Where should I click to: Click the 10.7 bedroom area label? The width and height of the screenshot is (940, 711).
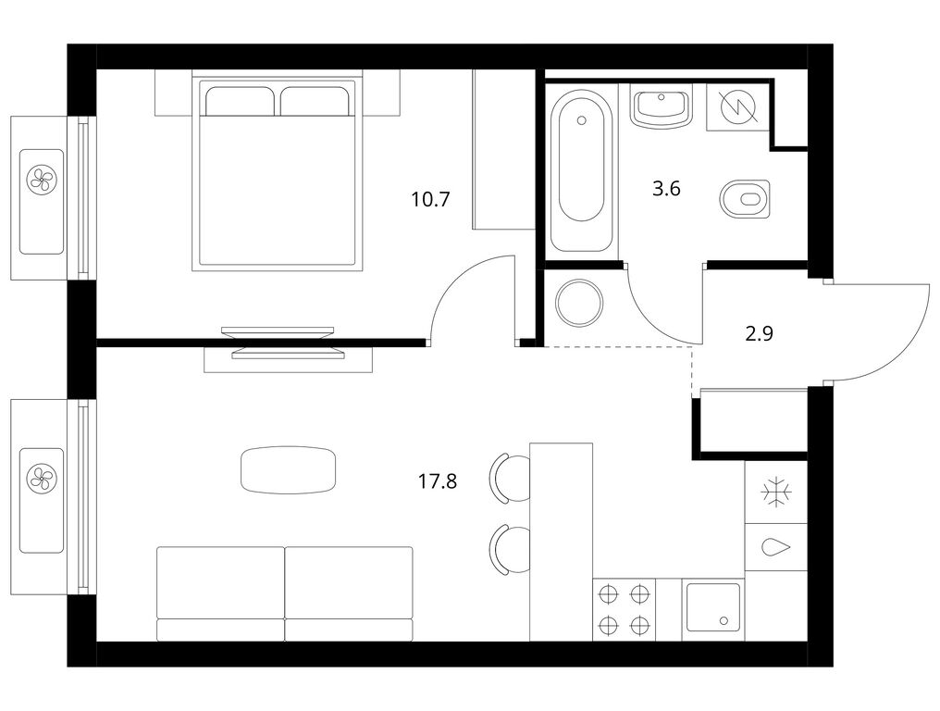pyautogui.click(x=430, y=199)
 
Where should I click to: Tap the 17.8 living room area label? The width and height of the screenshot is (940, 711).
pyautogui.click(x=437, y=480)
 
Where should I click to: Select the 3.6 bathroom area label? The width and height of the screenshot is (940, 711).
pyautogui.click(x=666, y=189)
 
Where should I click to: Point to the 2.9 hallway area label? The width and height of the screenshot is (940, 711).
pyautogui.click(x=759, y=333)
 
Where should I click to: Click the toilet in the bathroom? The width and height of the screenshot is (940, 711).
pyautogui.click(x=745, y=199)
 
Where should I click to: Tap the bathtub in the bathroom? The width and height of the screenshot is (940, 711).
pyautogui.click(x=581, y=170)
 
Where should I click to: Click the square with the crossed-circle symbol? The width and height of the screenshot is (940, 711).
pyautogui.click(x=738, y=107)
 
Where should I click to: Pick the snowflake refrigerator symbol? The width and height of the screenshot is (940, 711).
pyautogui.click(x=777, y=493)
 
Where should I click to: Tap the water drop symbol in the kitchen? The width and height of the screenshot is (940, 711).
pyautogui.click(x=776, y=547)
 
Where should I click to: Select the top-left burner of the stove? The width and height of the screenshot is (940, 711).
pyautogui.click(x=609, y=594)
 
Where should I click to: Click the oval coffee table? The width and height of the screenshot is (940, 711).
pyautogui.click(x=289, y=469)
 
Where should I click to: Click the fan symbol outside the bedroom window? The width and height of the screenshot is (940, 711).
pyautogui.click(x=41, y=179)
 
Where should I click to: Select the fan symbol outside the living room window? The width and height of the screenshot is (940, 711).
pyautogui.click(x=41, y=479)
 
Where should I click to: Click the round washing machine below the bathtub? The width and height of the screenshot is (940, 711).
pyautogui.click(x=580, y=304)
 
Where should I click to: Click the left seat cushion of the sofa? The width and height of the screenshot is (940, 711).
pyautogui.click(x=220, y=582)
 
